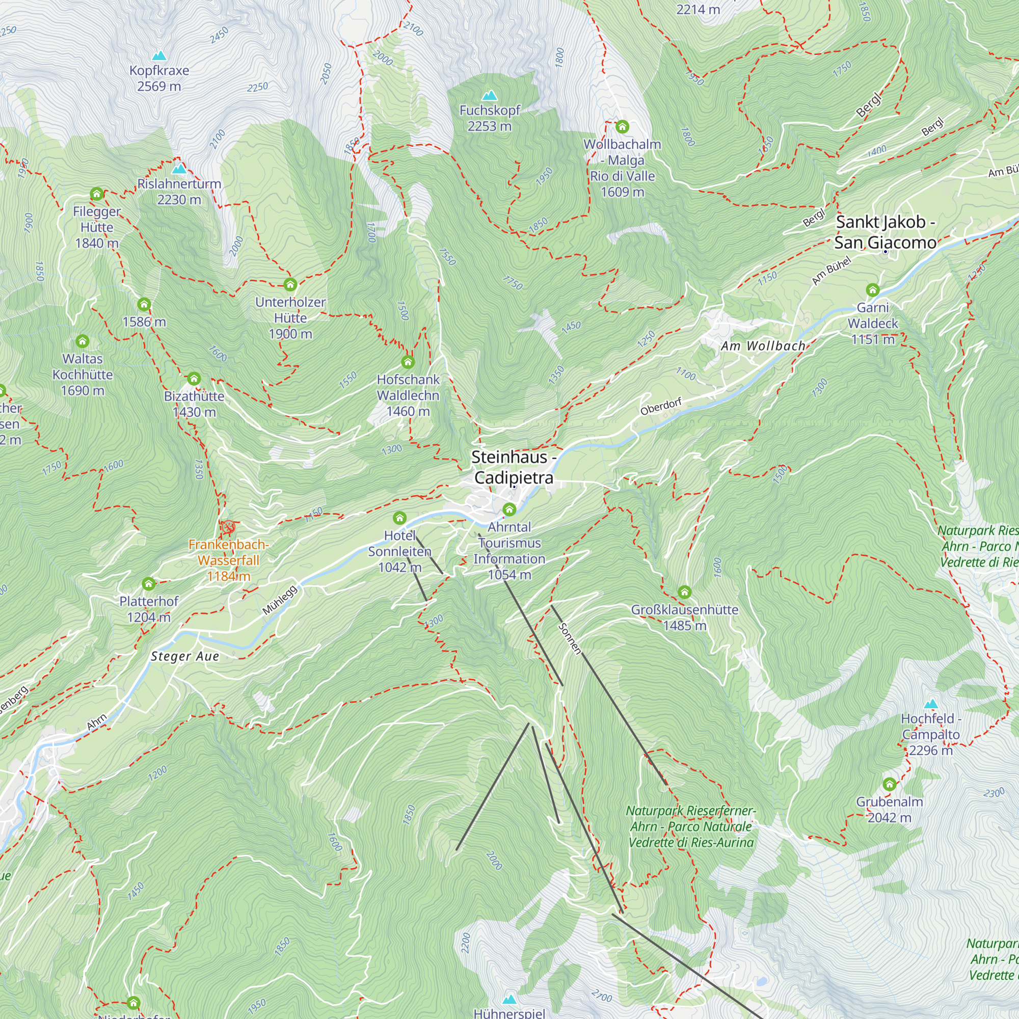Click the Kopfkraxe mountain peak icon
pos(159,56)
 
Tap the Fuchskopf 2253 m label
pos(489,118)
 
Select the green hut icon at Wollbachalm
pos(623,126)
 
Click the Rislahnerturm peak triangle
pos(179,169)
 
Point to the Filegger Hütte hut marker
pos(96,194)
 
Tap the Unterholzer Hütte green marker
pos(290,285)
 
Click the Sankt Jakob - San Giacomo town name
pos(885,232)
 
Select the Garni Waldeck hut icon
pos(873,289)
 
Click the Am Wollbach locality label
pos(763,346)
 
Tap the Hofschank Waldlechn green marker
pos(408,362)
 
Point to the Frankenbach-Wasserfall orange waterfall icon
pos(228,526)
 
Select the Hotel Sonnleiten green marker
pos(400,518)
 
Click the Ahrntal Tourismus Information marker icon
pos(509,509)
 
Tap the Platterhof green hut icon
pos(149,584)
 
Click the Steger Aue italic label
pos(184,656)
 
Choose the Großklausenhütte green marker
pos(685,592)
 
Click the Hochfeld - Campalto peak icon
pos(931,704)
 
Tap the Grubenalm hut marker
pos(889,784)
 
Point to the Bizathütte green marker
pos(194,379)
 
